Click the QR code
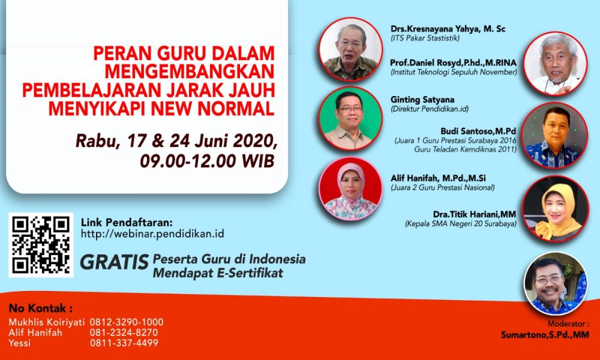[41, 245]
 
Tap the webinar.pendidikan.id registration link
[152, 234]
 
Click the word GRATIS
[114, 262]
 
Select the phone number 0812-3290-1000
[127, 322]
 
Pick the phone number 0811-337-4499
[124, 343]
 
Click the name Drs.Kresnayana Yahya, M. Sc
[448, 29]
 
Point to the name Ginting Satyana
[422, 100]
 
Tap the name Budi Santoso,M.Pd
[478, 131]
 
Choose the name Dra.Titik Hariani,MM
[475, 214]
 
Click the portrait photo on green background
[350, 118]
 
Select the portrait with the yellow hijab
[556, 209]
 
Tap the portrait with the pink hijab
[350, 189]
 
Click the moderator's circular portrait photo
[556, 283]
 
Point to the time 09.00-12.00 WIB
[207, 161]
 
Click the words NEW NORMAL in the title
[213, 108]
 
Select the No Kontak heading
[41, 308]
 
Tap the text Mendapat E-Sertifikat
[218, 273]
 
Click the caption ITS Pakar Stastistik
[425, 38]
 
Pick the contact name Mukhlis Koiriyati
[46, 322]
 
